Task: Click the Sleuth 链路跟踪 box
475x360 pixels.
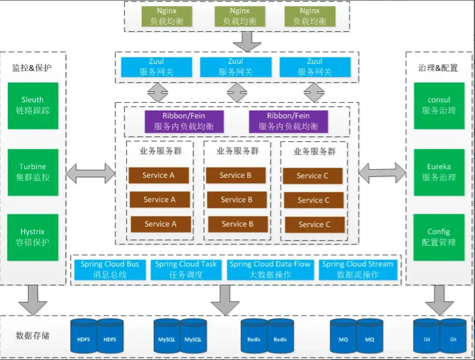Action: (33, 106)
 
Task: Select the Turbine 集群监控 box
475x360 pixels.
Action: (33, 172)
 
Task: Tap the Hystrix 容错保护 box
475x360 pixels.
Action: (33, 237)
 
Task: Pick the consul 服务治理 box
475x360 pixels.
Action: (439, 106)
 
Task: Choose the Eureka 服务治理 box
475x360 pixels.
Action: (439, 172)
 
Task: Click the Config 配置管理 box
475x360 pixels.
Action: (438, 237)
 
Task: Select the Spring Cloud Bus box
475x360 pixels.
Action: (110, 270)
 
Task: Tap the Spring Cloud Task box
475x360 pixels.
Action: (186, 270)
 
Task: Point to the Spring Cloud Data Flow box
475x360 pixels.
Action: (270, 270)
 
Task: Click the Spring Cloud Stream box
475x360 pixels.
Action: (358, 270)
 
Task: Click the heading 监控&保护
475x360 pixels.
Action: (32, 68)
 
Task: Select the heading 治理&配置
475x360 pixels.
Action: (438, 68)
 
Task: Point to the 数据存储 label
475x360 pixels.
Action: (32, 335)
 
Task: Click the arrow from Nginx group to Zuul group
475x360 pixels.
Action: (247, 41)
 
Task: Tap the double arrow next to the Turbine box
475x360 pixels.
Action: (91, 174)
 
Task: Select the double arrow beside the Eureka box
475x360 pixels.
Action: (382, 173)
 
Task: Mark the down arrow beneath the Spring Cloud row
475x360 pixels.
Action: (225, 300)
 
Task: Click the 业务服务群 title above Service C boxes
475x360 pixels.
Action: (314, 151)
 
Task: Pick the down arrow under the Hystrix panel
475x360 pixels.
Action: (33, 300)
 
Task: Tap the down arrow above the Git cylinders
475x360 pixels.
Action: (439, 300)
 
